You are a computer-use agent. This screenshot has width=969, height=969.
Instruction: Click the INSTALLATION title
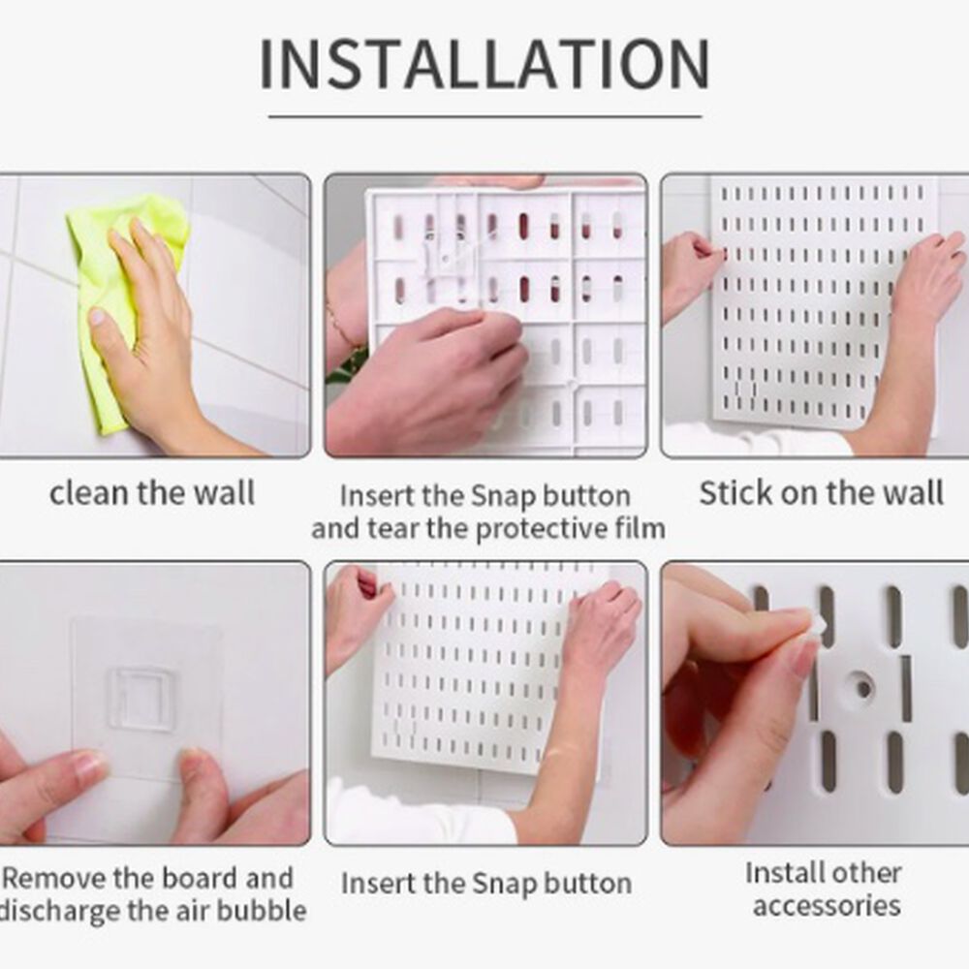tap(484, 64)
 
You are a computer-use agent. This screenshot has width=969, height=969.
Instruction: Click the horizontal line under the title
tap(485, 115)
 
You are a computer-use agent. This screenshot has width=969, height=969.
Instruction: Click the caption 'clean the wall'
tap(152, 493)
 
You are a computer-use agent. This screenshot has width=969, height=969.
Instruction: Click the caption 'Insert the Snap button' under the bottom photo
tap(486, 883)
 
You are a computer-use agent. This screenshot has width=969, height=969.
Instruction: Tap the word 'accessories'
tap(827, 906)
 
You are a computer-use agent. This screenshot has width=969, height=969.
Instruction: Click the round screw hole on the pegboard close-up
tap(862, 688)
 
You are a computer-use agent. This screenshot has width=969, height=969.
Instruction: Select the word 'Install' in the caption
tap(776, 873)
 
